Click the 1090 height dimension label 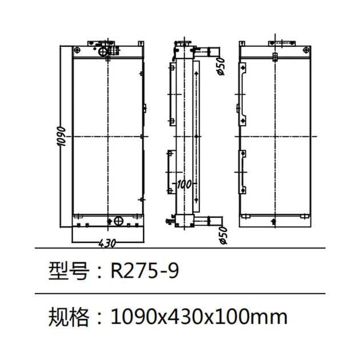pyautogui.click(x=62, y=136)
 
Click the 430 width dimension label pyautogui.click(x=107, y=243)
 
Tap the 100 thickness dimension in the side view pyautogui.click(x=185, y=184)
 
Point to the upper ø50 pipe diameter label pyautogui.click(x=221, y=66)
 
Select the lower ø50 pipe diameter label pyautogui.click(x=223, y=235)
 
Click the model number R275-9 pyautogui.click(x=145, y=271)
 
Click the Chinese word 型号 pyautogui.click(x=69, y=271)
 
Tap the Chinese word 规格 pyautogui.click(x=69, y=317)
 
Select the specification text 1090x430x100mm pyautogui.click(x=199, y=317)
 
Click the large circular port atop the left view pyautogui.click(x=103, y=51)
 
